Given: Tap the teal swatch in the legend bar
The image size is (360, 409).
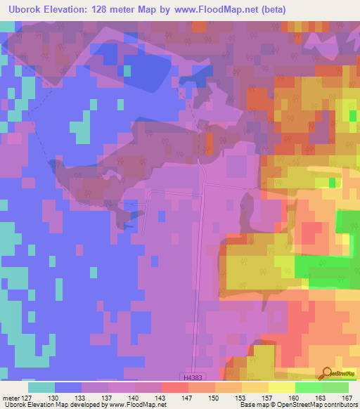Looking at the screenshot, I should point(41,387).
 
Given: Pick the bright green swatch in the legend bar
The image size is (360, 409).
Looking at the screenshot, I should point(309,387).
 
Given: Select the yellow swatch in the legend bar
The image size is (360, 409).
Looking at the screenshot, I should point(281,387).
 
